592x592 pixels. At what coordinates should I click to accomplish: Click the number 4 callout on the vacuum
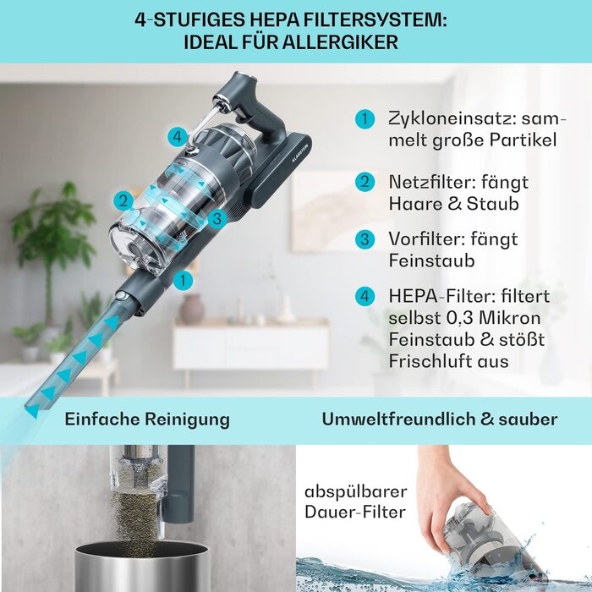[178, 137]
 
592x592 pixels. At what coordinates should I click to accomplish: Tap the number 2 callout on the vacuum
[123, 201]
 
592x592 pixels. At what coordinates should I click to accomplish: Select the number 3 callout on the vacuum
[217, 218]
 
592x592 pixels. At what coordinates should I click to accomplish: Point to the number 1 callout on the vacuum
[184, 281]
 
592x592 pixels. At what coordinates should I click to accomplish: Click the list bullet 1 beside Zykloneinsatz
[365, 118]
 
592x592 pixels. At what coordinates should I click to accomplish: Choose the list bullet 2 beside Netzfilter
[365, 182]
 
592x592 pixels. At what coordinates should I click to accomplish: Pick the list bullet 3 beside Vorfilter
[365, 239]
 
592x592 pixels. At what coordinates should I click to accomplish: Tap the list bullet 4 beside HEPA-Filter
[365, 296]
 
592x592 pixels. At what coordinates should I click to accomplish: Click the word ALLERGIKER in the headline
[340, 42]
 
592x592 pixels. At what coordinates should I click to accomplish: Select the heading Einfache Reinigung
[147, 419]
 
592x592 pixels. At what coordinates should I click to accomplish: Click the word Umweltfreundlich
[398, 419]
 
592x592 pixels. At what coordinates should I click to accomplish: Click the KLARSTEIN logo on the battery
[300, 153]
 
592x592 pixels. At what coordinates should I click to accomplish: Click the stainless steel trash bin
[142, 567]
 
